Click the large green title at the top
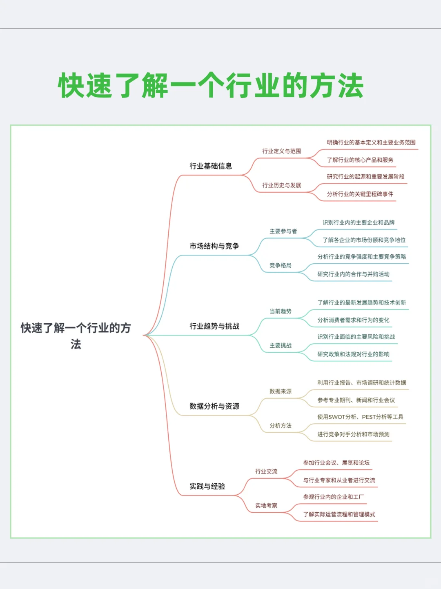pos(211,86)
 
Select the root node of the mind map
pos(76,336)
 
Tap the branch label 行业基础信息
pos(211,166)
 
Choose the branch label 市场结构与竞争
pos(214,246)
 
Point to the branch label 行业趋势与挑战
pos(214,326)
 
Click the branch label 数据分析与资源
pos(214,406)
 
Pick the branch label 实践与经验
pos(207,486)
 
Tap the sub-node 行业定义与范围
pos(282,151)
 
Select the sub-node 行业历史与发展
pos(282,185)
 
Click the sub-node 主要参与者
pos(283,231)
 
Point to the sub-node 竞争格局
pos(281,265)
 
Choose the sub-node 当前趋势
pos(281,311)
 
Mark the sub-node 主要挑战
pos(281,345)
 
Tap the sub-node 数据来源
pos(281,391)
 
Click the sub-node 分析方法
pos(281,425)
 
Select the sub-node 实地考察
pos(266,505)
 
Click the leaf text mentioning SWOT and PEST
pos(360,417)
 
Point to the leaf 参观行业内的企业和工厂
pos(333,497)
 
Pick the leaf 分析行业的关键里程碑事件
pos(360,194)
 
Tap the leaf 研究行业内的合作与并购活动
pos(354,274)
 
